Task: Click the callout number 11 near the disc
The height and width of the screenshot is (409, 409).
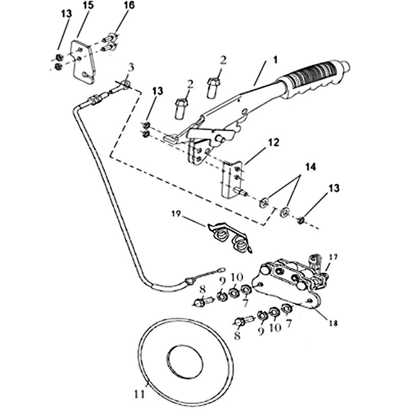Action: click(139, 395)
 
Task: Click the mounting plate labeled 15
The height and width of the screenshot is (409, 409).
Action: click(82, 60)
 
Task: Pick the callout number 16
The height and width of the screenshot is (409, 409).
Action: click(129, 6)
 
